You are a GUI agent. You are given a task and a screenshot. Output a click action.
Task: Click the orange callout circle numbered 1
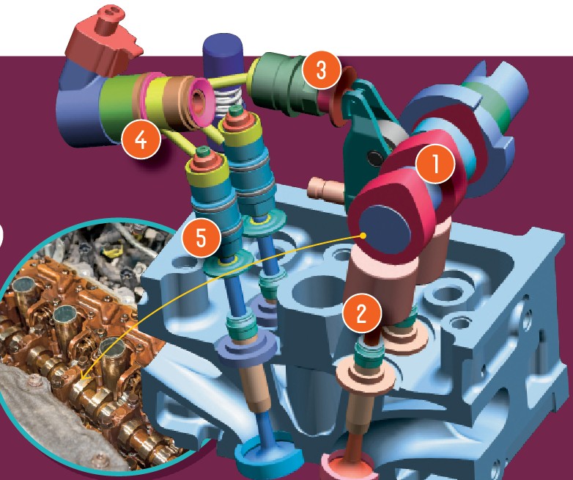pyautogui.click(x=435, y=164)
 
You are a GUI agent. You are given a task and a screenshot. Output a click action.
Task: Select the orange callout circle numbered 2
pyautogui.click(x=362, y=313)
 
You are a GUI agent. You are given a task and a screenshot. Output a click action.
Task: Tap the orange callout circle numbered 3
pyautogui.click(x=322, y=70)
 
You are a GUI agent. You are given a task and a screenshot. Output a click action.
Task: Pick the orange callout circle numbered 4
pyautogui.click(x=141, y=139)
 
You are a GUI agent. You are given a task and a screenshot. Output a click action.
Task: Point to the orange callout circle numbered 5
pyautogui.click(x=202, y=238)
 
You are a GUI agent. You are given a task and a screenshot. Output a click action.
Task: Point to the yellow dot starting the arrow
pyautogui.click(x=363, y=236)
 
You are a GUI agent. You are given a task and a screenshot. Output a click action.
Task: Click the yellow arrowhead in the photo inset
pyautogui.click(x=83, y=376)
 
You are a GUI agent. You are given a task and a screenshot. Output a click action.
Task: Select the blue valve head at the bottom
pyautogui.click(x=270, y=454)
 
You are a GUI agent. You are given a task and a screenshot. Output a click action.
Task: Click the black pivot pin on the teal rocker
pyautogui.click(x=375, y=158)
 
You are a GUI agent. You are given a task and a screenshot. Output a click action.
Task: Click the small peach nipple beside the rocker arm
pyautogui.click(x=323, y=188)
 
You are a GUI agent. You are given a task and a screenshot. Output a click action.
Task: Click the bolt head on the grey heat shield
pyautogui.click(x=34, y=382)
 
